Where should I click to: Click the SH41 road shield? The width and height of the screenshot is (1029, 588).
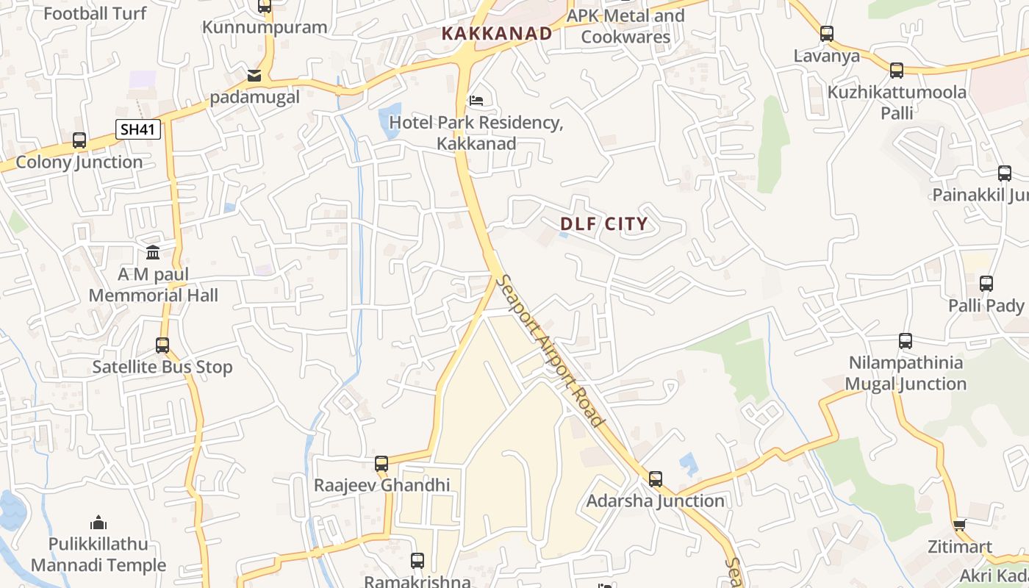tap(138, 130)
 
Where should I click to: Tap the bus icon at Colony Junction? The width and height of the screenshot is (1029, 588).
tap(79, 140)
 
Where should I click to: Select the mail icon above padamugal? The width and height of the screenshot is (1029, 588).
tap(254, 75)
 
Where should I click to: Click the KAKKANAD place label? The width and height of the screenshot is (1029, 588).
tap(497, 33)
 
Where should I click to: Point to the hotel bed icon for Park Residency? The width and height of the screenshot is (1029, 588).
tap(476, 100)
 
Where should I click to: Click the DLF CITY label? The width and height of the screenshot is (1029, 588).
tap(604, 224)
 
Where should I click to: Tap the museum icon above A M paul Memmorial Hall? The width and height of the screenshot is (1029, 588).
tap(153, 253)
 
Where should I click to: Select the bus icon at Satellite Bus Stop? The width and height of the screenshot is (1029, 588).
tap(162, 345)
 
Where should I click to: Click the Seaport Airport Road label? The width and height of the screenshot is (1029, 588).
tap(550, 351)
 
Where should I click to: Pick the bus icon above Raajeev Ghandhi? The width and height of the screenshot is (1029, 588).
tap(381, 464)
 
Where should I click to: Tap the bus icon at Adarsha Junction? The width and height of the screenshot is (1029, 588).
tap(656, 479)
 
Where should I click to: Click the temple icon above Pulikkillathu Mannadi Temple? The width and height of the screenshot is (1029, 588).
tap(98, 523)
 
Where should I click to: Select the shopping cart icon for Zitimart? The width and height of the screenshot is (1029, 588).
tap(959, 525)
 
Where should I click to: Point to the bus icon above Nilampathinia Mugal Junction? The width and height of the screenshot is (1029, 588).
tap(906, 341)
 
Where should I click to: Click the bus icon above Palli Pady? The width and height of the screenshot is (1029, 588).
tap(986, 284)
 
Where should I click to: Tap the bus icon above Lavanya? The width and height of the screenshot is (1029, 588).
tap(827, 34)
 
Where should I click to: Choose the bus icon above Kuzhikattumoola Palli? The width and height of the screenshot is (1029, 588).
tap(897, 71)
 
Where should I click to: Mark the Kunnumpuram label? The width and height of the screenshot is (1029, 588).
tap(265, 27)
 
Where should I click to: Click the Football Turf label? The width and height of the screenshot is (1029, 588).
tap(96, 12)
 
